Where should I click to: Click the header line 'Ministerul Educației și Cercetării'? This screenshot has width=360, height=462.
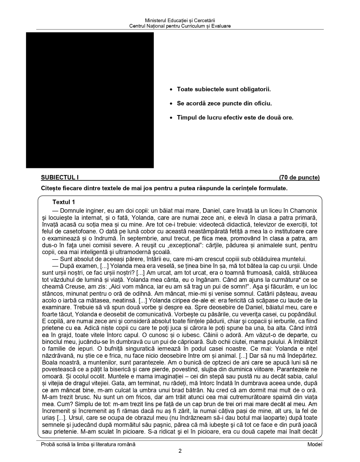pos(180,21)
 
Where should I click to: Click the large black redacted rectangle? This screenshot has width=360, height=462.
pos(90,100)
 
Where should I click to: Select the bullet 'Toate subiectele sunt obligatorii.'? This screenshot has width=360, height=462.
pos(224,89)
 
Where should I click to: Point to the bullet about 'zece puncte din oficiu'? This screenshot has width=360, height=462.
pos(224,103)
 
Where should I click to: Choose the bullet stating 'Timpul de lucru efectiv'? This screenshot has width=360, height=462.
pos(235,118)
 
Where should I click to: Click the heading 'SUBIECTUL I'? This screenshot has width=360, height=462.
pos(60,178)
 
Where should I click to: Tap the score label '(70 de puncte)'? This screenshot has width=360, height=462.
pos(299,178)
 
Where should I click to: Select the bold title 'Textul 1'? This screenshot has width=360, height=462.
pos(64,202)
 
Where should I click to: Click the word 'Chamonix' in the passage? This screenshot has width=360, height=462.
pos(303,211)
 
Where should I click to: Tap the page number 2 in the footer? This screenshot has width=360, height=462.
pos(180,451)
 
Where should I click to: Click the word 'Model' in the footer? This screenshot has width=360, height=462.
pos(315,444)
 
